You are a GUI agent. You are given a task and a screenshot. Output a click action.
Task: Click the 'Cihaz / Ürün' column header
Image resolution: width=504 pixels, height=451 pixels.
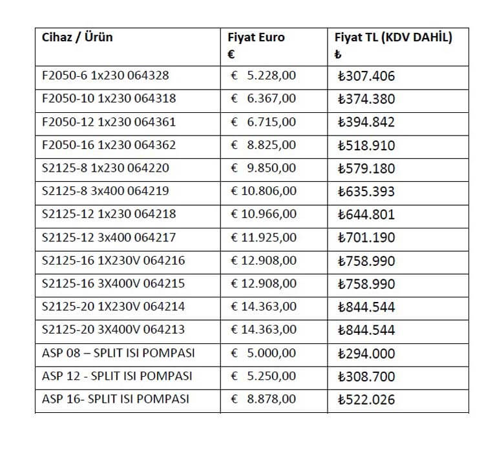pos(77,37)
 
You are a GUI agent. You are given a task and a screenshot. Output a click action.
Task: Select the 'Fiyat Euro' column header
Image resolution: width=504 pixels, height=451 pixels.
pos(256,37)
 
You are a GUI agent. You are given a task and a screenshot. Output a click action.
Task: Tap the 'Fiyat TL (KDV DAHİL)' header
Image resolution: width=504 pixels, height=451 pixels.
pos(393,37)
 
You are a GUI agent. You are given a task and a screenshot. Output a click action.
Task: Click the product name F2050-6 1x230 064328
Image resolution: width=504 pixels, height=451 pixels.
pos(105,75)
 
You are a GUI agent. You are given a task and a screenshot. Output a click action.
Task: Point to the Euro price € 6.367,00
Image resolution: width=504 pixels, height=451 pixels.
pos(264,99)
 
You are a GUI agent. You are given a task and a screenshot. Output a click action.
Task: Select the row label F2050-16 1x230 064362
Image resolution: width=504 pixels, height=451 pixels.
pos(109,145)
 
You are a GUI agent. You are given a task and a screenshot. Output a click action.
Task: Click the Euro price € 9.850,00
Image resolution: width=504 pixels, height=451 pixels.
pos(264,168)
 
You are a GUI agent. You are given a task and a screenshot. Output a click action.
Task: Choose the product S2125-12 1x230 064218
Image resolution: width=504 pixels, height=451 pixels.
pos(109,214)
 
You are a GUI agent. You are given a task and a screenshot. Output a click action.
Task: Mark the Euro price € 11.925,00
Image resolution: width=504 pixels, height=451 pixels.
pos(264,237)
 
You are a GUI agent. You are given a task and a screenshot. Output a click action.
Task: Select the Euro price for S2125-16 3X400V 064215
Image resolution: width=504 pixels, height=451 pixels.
pos(264,284)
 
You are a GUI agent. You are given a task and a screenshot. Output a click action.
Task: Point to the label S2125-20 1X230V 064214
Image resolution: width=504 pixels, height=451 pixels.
pos(113,306)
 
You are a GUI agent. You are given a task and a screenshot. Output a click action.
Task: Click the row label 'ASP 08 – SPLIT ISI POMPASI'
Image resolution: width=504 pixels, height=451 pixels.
pos(118,353)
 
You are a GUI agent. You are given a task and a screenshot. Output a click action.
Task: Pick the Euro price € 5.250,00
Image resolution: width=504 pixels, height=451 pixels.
pos(264,376)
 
